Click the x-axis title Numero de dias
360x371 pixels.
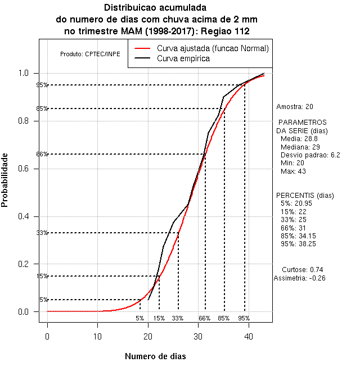(x=155, y=356)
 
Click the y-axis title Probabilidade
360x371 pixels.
(x=5, y=180)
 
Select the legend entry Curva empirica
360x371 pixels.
(x=183, y=58)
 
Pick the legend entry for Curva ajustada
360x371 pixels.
(x=213, y=48)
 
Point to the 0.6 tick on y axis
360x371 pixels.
(x=26, y=169)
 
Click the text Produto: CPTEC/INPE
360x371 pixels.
(x=90, y=54)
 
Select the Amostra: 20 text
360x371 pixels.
(x=295, y=106)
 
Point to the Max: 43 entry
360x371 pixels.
(x=292, y=171)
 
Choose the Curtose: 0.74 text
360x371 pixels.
(x=302, y=269)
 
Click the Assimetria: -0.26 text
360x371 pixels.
(x=299, y=278)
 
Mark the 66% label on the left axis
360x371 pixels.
(x=42, y=154)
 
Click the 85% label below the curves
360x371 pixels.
(x=224, y=318)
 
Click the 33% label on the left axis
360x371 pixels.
(x=42, y=233)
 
